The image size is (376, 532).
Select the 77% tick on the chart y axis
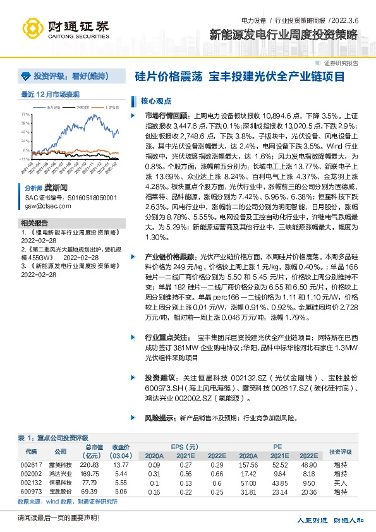point(26,115)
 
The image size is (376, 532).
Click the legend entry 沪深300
point(82,108)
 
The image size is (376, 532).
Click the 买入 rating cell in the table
point(340,482)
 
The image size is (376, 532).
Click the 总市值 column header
point(91,448)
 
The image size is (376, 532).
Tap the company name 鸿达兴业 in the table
point(60,473)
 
